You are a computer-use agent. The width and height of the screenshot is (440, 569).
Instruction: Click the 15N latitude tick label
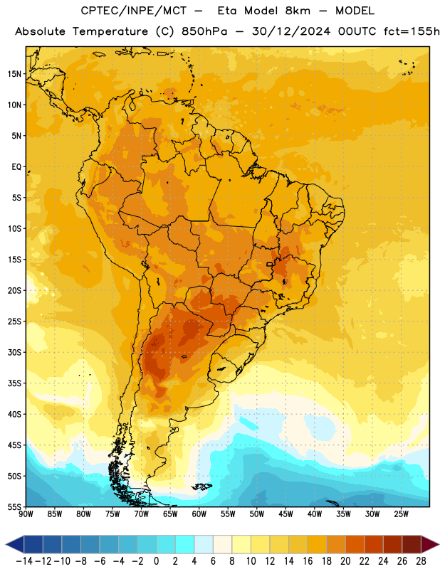[x=14, y=74]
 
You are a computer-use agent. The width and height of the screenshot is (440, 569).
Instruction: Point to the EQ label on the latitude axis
[x=16, y=167]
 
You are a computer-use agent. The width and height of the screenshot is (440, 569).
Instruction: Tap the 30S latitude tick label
[x=14, y=352]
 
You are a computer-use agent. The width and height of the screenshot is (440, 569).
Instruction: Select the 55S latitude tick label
[x=14, y=506]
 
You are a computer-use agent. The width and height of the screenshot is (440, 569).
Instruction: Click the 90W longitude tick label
[x=26, y=514]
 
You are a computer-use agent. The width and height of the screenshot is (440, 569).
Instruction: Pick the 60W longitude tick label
[x=199, y=514]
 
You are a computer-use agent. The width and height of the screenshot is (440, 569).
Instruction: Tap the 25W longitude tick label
[x=401, y=514]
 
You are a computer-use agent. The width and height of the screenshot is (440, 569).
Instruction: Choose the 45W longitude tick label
[x=286, y=514]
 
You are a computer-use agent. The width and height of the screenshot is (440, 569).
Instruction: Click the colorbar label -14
[x=24, y=561]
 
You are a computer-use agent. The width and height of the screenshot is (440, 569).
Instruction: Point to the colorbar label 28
[x=421, y=561]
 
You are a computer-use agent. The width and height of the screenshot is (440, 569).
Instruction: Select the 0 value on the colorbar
[x=156, y=561]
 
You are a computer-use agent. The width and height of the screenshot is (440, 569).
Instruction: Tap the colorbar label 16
[x=308, y=561]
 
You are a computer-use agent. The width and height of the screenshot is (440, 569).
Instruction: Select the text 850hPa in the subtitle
[x=204, y=31]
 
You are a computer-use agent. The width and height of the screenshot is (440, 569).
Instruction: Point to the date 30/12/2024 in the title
[x=291, y=31]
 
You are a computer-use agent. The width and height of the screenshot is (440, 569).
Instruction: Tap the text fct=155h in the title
[x=412, y=31]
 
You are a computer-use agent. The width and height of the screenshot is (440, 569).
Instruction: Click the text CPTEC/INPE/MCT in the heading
[x=133, y=11]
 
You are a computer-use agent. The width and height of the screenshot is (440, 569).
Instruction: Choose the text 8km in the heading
[x=298, y=11]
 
